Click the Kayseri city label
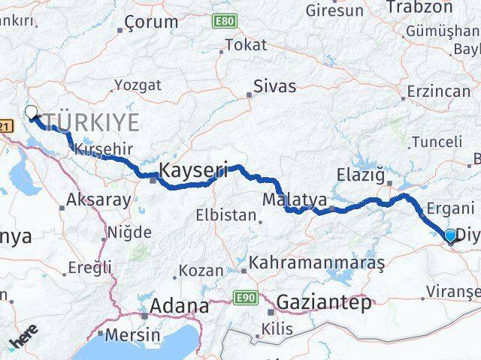(193, 171)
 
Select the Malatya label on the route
(295, 200)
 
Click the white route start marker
(31, 112)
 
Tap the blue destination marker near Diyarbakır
(450, 235)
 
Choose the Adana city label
(180, 306)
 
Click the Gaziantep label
(324, 303)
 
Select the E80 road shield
(224, 20)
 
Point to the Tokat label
(246, 45)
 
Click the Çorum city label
(150, 22)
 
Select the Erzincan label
(438, 91)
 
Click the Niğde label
(129, 232)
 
